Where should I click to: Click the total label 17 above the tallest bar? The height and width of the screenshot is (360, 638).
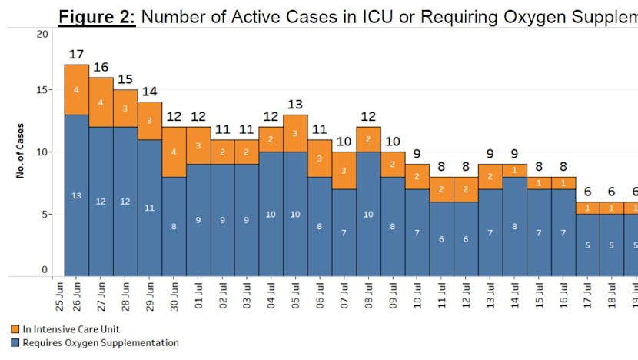[x=76, y=55]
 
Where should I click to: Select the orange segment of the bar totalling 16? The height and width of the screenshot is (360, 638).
[x=101, y=102]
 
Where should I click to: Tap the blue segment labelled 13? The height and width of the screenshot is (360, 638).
[x=76, y=195]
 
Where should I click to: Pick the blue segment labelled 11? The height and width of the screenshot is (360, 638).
[x=149, y=208]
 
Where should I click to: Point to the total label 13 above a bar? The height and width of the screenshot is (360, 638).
[x=295, y=105]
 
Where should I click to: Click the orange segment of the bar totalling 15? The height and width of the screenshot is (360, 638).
[x=125, y=108]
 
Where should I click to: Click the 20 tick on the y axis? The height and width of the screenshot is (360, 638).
[x=42, y=34]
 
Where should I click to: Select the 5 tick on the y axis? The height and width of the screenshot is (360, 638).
[x=45, y=214]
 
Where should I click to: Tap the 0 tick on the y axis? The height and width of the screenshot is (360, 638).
[x=45, y=269]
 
